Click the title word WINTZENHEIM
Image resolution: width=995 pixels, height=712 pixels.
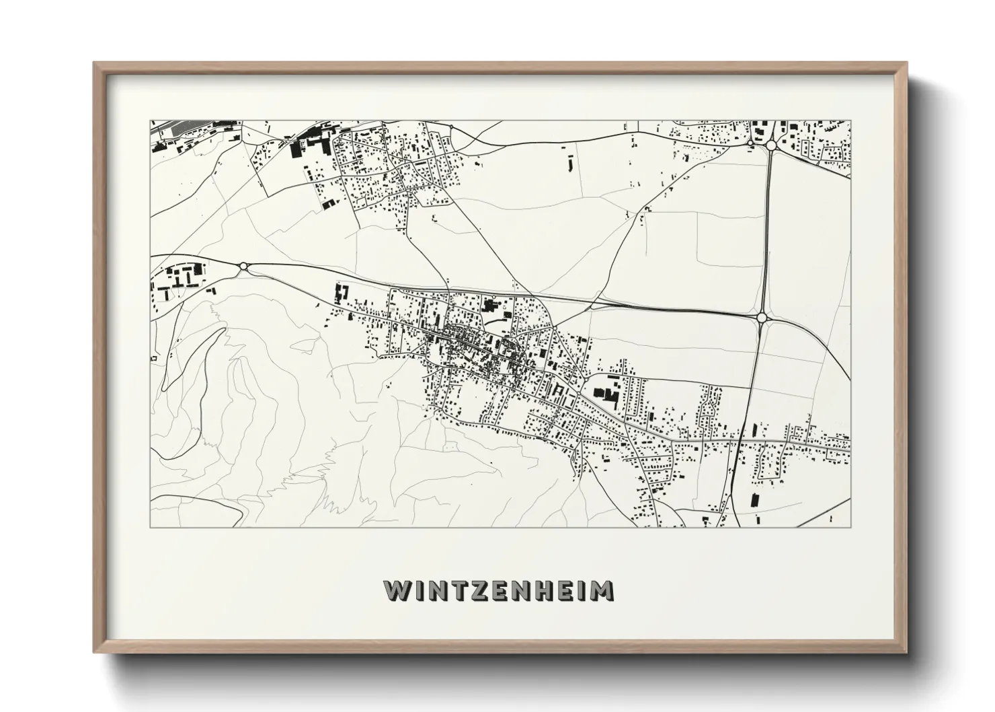pyautogui.click(x=498, y=591)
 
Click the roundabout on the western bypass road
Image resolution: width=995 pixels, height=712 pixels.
pyautogui.click(x=243, y=266)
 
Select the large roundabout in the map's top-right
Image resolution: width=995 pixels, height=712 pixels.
pyautogui.click(x=770, y=145)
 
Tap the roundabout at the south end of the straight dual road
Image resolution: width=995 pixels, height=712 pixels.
pyautogui.click(x=762, y=317)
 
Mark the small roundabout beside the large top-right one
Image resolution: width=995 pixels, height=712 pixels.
pyautogui.click(x=751, y=143)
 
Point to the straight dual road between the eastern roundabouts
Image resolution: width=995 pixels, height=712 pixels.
pyautogui.click(x=766, y=229)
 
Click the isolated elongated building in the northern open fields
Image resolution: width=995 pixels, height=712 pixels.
pyautogui.click(x=571, y=163)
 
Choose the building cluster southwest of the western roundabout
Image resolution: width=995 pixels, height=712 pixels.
pyautogui.click(x=178, y=281)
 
